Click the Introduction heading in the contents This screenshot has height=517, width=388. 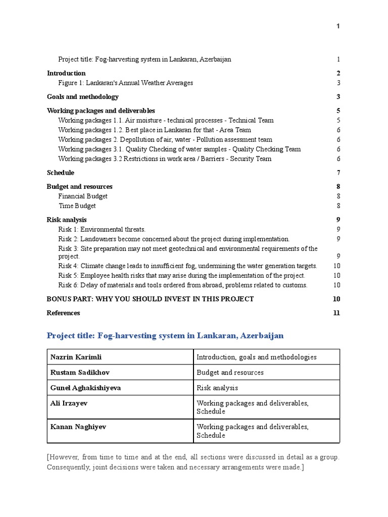[x=66, y=73]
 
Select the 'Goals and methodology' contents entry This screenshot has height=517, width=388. [x=83, y=96]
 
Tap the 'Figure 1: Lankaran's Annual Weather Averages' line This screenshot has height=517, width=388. [x=125, y=83]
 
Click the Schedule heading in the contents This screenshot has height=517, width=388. [x=60, y=173]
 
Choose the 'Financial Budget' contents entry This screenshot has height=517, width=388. [x=83, y=196]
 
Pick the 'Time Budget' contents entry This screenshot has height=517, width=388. [x=77, y=206]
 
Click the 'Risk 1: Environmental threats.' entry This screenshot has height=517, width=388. [x=102, y=229]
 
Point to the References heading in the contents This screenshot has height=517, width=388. [x=63, y=313]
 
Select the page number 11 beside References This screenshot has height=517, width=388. [x=336, y=313]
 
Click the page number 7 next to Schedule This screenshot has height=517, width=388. [x=338, y=173]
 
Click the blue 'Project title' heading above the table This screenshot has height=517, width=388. [x=165, y=335]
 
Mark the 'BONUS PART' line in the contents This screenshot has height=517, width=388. [x=150, y=299]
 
